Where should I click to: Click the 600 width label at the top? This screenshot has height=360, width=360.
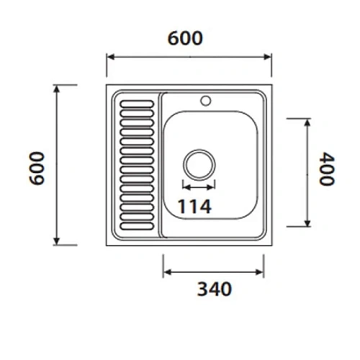[185, 38]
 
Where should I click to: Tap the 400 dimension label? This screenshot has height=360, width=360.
[328, 169]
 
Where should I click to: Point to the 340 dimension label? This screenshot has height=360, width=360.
[214, 289]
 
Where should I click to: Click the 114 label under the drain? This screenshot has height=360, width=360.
[194, 207]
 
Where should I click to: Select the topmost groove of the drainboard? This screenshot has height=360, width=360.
[136, 102]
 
